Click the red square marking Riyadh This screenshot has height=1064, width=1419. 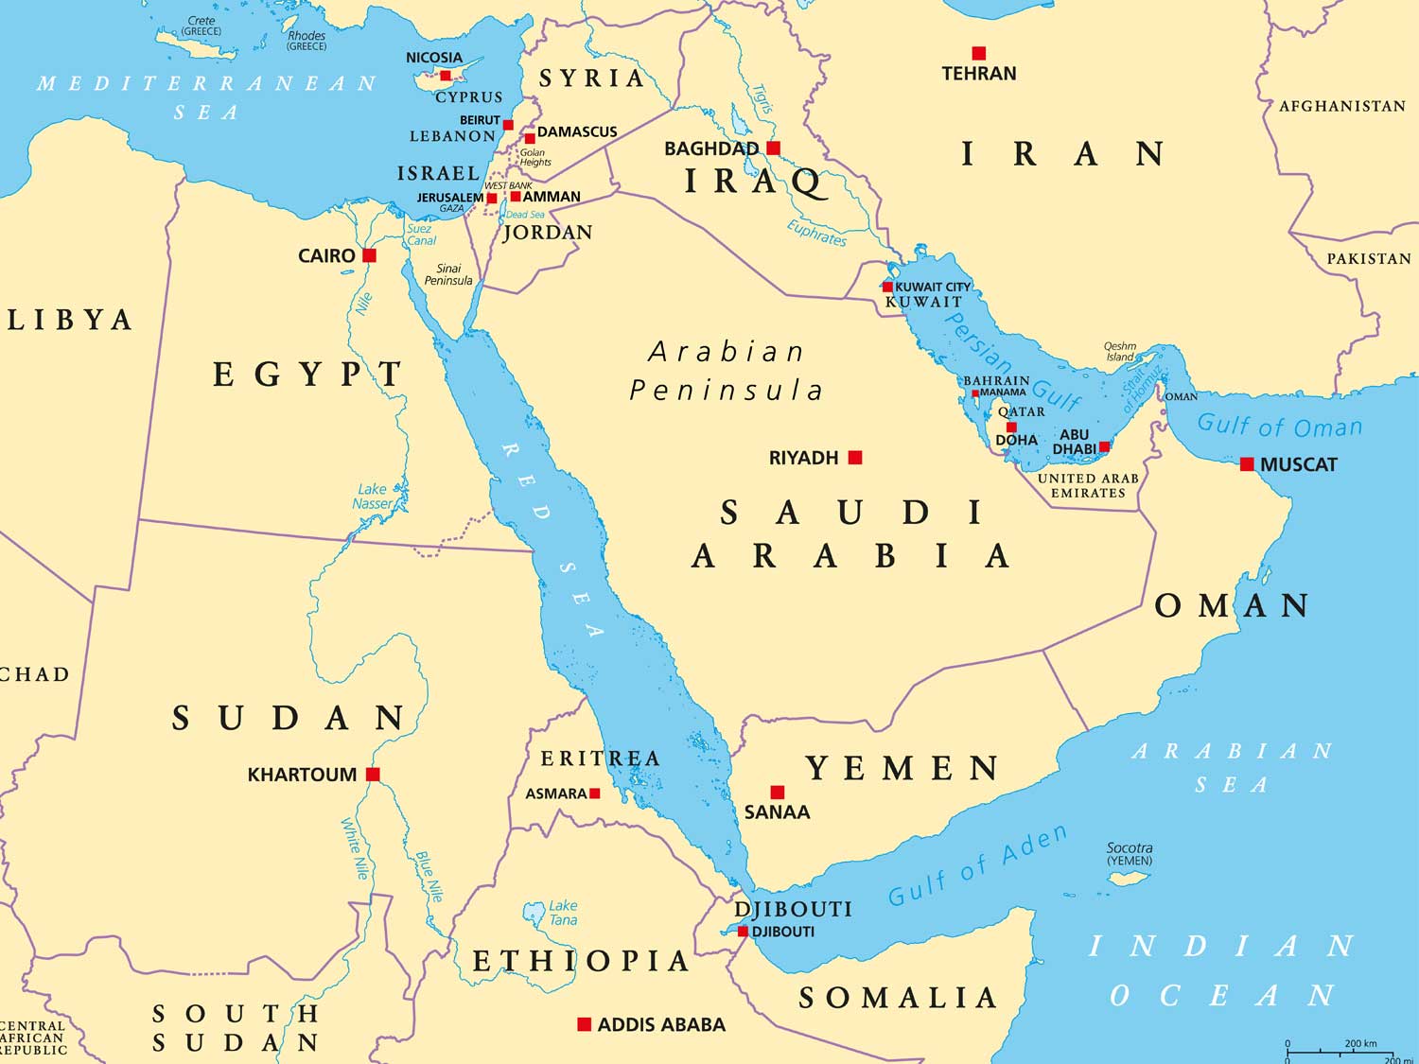(855, 458)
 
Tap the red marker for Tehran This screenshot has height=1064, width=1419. (979, 53)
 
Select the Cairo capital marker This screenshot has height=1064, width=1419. (370, 255)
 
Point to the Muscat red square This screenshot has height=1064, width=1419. (1247, 464)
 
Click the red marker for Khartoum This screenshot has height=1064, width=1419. (373, 775)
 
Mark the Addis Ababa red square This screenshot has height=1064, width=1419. (585, 1024)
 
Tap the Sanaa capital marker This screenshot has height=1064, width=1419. (778, 793)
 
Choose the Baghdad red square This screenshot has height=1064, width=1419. (774, 148)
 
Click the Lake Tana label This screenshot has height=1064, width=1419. (563, 913)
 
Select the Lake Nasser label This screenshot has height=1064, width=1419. (372, 497)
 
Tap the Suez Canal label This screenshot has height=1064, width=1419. (420, 235)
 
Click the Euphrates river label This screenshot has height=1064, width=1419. (817, 233)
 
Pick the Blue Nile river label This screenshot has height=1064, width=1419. (429, 877)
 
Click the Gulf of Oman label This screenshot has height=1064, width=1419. (1279, 426)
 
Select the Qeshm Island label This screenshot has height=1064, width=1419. (1120, 352)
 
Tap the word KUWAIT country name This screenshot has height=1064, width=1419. (923, 302)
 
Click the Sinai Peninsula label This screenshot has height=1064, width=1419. (448, 274)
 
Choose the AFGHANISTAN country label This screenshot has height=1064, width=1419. (1342, 106)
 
